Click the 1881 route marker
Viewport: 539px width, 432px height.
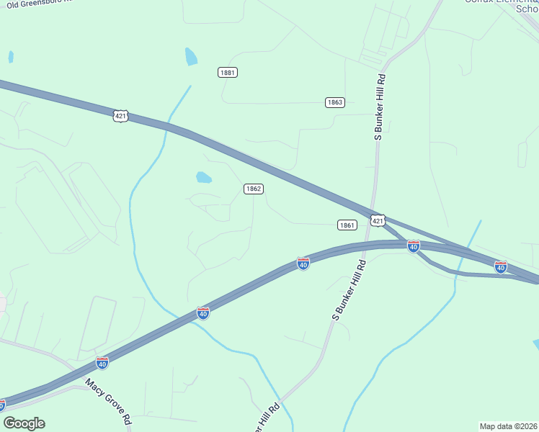coord(228,73)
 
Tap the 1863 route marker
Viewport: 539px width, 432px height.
coord(334,102)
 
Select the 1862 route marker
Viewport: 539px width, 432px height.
coord(253,189)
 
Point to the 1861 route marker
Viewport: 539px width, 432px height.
coord(347,225)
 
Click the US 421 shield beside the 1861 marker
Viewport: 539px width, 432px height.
coord(378,220)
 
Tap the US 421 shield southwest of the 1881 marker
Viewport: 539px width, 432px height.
coord(120,115)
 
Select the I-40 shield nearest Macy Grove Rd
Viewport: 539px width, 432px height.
coord(102,364)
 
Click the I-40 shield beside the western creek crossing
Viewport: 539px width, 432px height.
coord(203,313)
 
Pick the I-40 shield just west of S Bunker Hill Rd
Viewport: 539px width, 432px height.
coord(303,264)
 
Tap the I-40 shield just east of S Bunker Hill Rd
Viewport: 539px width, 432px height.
coord(413,246)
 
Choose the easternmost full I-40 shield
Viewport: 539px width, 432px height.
coord(501,267)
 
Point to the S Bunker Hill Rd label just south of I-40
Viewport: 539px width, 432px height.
coord(349,290)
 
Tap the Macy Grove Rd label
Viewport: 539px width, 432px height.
coord(108,402)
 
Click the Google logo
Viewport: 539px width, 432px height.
coord(24,423)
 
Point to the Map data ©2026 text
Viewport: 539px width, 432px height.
coord(507,426)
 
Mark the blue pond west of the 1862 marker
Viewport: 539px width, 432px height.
coord(204,177)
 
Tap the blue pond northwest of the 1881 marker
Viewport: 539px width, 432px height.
coord(191,56)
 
